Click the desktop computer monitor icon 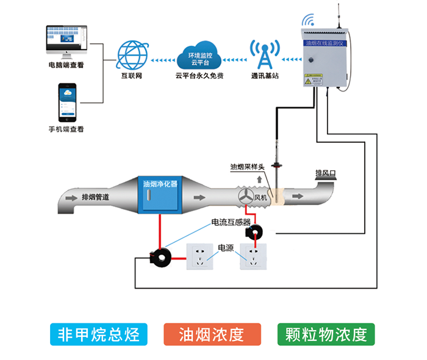click(x=66, y=39)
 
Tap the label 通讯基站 click(x=265, y=76)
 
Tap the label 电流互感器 click(x=231, y=222)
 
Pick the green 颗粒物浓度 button click(x=326, y=334)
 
